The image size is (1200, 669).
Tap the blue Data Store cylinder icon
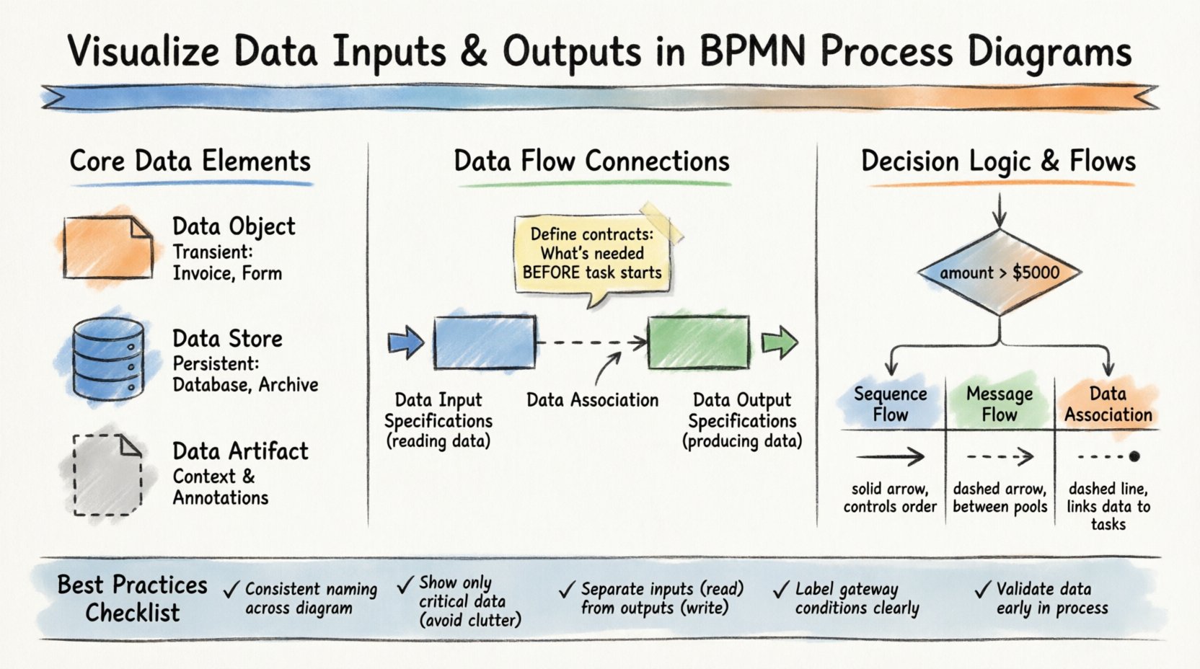click(109, 359)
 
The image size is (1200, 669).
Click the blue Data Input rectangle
click(485, 342)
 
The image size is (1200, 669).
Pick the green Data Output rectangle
click(698, 342)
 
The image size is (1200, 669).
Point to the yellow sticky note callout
click(592, 254)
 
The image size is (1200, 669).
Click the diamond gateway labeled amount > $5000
click(999, 273)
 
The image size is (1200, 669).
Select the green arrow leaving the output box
click(780, 342)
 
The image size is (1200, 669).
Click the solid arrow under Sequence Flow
click(890, 456)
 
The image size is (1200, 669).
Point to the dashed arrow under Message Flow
click(1000, 456)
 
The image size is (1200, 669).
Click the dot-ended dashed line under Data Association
click(1108, 456)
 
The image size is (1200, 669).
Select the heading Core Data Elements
click(190, 161)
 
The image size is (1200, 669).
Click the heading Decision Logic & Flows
click(998, 161)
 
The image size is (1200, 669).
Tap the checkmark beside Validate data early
click(982, 590)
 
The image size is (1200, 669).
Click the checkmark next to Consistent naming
click(231, 590)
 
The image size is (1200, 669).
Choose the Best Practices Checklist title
click(133, 598)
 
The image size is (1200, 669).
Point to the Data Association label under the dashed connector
click(592, 400)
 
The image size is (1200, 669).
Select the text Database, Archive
click(245, 385)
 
